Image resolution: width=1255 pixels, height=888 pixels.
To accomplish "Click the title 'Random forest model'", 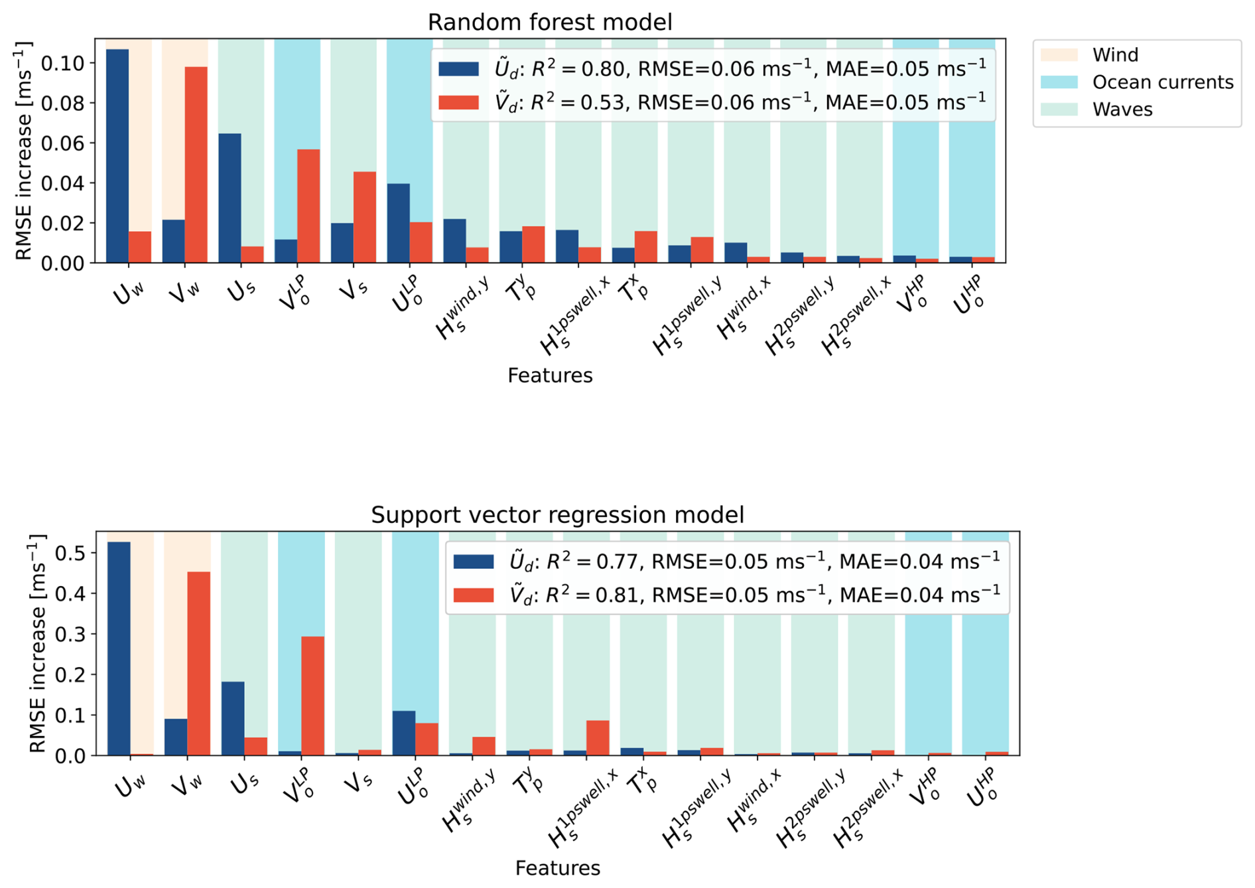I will [550, 22].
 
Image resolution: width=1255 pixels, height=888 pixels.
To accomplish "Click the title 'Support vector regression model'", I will [557, 514].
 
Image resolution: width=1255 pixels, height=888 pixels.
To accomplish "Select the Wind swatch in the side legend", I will [1059, 54].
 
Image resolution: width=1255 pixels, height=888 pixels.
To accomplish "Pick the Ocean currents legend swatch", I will [1059, 82].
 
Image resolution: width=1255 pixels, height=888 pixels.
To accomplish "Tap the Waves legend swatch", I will [1059, 109].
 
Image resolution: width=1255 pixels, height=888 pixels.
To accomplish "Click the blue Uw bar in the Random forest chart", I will [117, 156].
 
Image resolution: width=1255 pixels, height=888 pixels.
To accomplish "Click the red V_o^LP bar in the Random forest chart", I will [308, 206].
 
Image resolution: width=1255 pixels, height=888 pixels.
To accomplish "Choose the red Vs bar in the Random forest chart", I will [365, 217].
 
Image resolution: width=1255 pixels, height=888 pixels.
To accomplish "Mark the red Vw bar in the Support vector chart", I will [199, 664].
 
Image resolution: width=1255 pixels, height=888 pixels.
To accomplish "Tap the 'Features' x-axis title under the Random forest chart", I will [550, 375].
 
